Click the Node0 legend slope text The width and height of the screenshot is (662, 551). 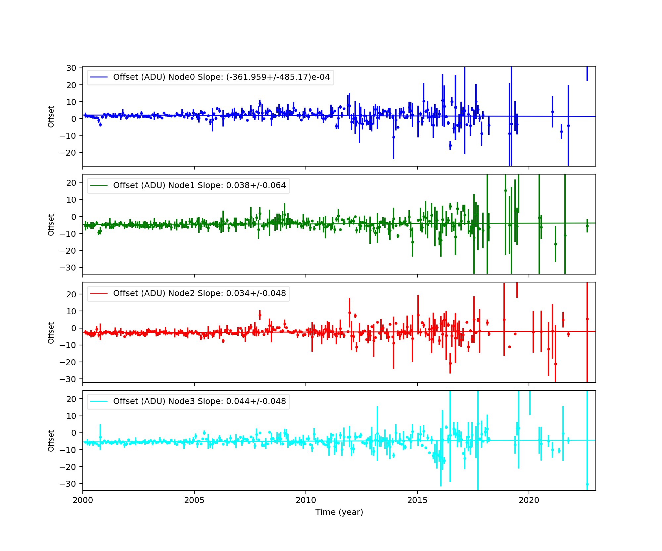pos(221,77)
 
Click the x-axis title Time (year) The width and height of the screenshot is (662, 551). pos(339,512)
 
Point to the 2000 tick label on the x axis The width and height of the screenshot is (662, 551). pos(83,500)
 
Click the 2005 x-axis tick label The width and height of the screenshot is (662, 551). pos(194,500)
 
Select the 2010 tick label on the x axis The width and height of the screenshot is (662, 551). pos(306,500)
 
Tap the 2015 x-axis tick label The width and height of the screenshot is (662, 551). pos(417,500)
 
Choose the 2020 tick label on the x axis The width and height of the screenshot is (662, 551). pos(529,500)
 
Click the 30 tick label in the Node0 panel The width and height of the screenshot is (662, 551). pos(71,68)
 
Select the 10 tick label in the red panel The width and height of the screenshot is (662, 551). pos(71,311)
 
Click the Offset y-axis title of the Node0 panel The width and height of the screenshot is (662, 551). pos(51,117)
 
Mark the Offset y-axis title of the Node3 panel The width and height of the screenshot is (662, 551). pos(51,441)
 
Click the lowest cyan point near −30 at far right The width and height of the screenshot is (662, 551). pos(587,484)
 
